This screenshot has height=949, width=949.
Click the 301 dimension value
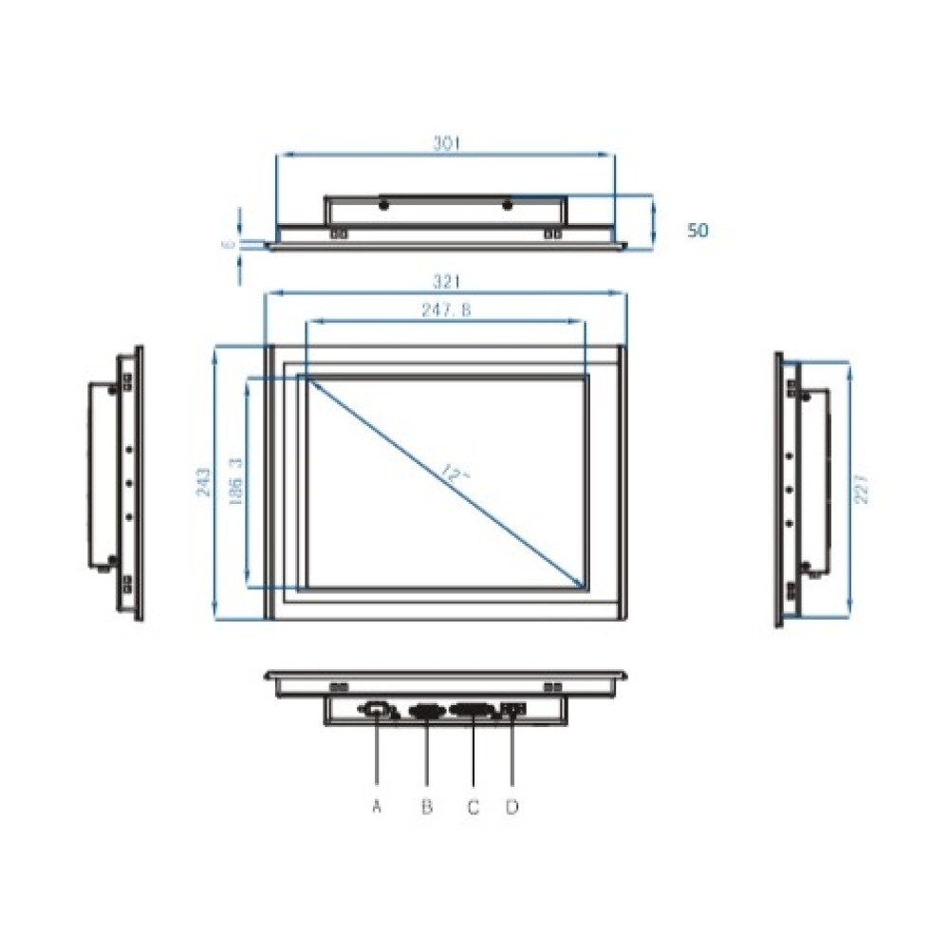446,143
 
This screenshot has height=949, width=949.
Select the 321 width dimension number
446,282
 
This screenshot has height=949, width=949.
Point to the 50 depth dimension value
698,230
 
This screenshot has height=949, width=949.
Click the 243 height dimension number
202,483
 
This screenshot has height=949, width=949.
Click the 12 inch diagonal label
455,473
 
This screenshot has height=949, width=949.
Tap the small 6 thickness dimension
227,244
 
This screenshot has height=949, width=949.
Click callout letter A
377,807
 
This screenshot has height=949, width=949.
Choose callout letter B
426,807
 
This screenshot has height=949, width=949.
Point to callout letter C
473,807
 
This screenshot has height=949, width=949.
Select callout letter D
512,807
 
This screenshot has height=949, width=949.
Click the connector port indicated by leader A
376,708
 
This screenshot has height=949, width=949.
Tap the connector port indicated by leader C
473,709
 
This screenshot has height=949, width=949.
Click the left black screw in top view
383,205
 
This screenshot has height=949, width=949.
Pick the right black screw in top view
507,205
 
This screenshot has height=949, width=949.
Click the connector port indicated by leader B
425,709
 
